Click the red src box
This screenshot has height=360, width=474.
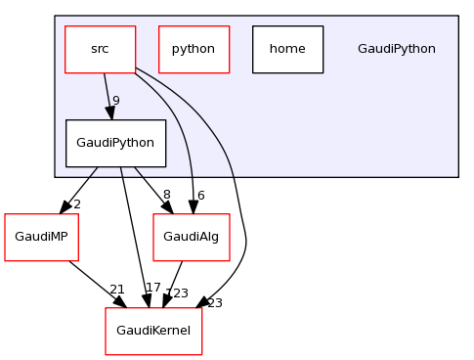click(x=100, y=49)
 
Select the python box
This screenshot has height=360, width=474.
click(x=194, y=49)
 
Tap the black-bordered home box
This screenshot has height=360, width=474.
click(x=287, y=49)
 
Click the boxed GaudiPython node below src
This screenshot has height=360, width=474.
click(x=115, y=143)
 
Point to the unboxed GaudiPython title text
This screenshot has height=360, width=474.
click(x=396, y=49)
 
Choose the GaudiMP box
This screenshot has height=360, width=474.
click(x=41, y=237)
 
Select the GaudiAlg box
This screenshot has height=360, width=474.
click(x=192, y=237)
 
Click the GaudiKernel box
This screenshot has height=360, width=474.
click(x=153, y=331)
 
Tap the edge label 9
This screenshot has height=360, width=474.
click(x=115, y=101)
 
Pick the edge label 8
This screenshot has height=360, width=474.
click(x=167, y=196)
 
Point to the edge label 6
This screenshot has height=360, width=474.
click(x=200, y=196)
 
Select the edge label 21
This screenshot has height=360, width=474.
click(x=117, y=290)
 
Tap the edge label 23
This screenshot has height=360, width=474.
click(x=214, y=303)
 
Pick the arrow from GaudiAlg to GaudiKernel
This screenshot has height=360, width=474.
click(x=174, y=284)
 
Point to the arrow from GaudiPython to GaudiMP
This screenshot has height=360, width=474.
click(x=79, y=189)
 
